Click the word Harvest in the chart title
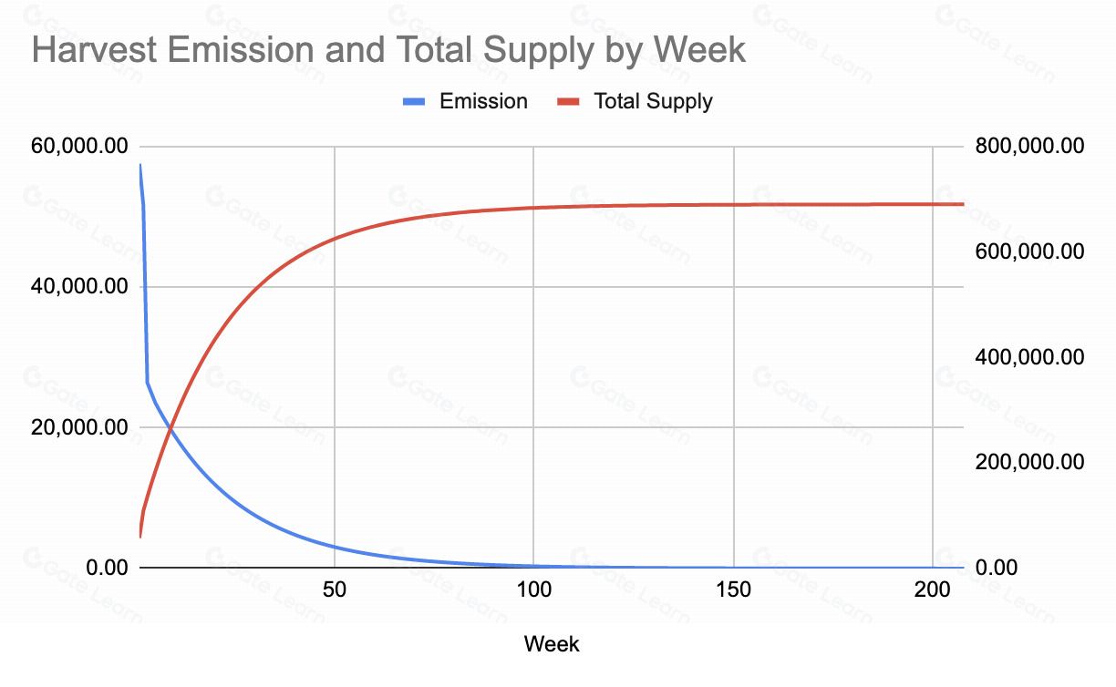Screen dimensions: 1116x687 pyautogui.click(x=94, y=50)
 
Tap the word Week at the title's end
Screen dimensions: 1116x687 pyautogui.click(x=699, y=50)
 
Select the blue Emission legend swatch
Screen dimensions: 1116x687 pyautogui.click(x=414, y=101)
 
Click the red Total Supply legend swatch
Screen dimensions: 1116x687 pyautogui.click(x=568, y=101)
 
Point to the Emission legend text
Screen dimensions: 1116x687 pyautogui.click(x=483, y=101)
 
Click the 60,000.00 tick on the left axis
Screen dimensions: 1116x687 pyautogui.click(x=79, y=146)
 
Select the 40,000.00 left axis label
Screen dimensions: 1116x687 pyautogui.click(x=79, y=286)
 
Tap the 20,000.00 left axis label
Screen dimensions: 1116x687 pyautogui.click(x=79, y=427)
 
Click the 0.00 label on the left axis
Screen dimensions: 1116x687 pyautogui.click(x=107, y=568)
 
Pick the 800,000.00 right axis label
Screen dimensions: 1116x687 pyautogui.click(x=1029, y=146)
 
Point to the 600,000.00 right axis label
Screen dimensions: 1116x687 pyautogui.click(x=1029, y=251)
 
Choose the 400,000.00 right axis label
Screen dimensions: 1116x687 pyautogui.click(x=1029, y=357)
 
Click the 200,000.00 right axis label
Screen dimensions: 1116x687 pyautogui.click(x=1029, y=462)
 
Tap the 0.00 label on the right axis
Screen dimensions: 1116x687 pyautogui.click(x=997, y=568)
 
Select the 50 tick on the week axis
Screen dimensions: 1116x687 pyautogui.click(x=335, y=590)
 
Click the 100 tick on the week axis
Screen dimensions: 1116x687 pyautogui.click(x=533, y=590)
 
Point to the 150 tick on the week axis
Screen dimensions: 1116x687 pyautogui.click(x=733, y=590)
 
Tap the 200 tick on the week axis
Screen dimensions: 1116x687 pyautogui.click(x=932, y=590)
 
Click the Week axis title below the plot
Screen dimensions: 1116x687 pyautogui.click(x=552, y=644)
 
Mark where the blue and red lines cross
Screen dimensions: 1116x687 pyautogui.click(x=170, y=428)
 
